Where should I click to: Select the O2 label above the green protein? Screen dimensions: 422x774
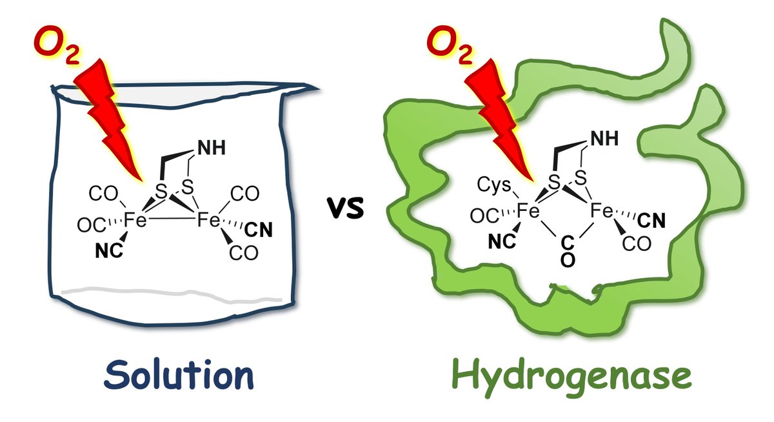[448, 44]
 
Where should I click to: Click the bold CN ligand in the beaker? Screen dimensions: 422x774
[258, 228]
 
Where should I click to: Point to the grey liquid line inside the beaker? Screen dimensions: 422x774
[174, 289]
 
